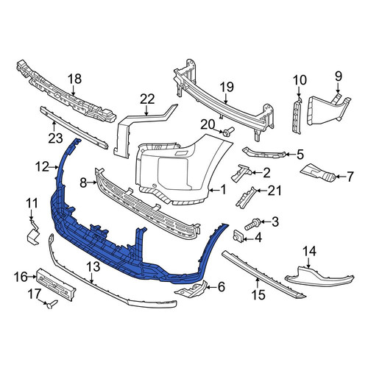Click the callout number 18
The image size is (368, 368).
click(74, 79)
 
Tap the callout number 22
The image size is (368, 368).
click(147, 99)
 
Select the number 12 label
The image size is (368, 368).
click(42, 167)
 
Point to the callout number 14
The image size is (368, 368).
click(309, 251)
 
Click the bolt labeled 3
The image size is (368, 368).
click(251, 224)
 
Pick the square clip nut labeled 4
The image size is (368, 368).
click(238, 236)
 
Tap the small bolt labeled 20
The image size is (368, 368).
click(227, 131)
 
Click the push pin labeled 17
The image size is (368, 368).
click(52, 304)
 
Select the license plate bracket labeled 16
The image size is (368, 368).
click(56, 284)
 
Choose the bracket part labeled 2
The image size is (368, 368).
click(241, 173)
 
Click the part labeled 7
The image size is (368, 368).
click(318, 172)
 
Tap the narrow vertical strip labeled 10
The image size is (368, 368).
click(297, 116)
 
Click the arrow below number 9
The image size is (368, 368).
click(338, 88)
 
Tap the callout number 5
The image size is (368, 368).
click(300, 155)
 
